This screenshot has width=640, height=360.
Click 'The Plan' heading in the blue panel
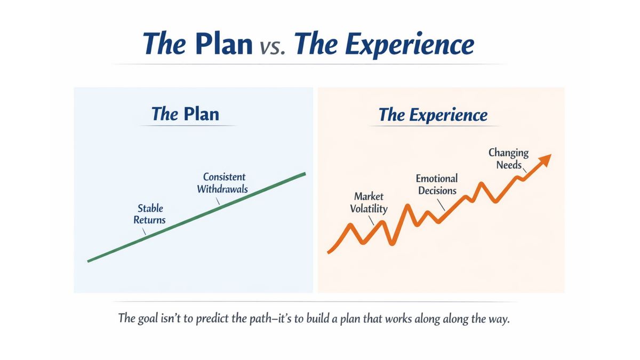pyautogui.click(x=185, y=114)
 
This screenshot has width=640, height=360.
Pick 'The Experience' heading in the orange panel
pyautogui.click(x=433, y=115)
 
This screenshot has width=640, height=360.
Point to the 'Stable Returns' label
pyautogui.click(x=150, y=214)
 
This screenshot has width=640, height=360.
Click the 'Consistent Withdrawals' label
pyautogui.click(x=223, y=183)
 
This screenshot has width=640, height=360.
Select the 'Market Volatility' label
pyautogui.click(x=369, y=203)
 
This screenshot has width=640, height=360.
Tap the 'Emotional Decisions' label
pyautogui.click(x=437, y=185)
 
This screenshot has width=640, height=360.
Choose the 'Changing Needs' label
pyautogui.click(x=508, y=158)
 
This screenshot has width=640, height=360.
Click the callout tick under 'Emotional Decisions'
pyautogui.click(x=441, y=204)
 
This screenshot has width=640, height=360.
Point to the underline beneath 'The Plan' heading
pyautogui.click(x=187, y=126)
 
